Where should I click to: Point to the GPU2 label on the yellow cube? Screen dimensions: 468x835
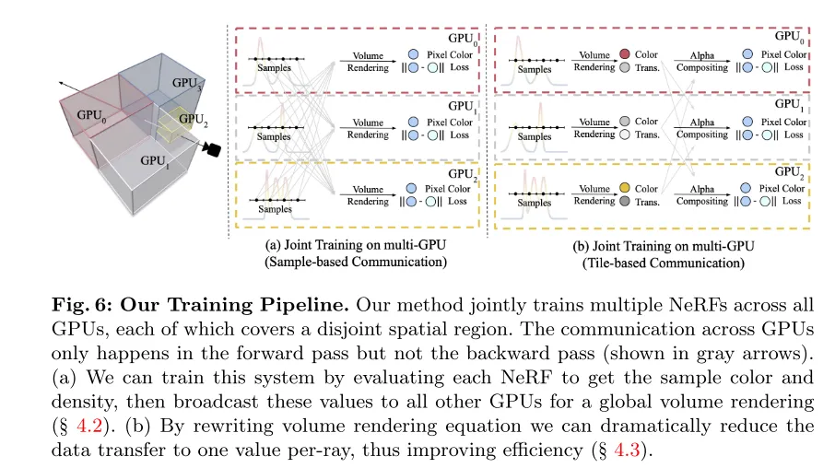click(194, 119)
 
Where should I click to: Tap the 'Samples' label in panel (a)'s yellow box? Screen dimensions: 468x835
click(274, 209)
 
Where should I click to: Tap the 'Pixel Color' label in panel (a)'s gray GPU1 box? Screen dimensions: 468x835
click(448, 123)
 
